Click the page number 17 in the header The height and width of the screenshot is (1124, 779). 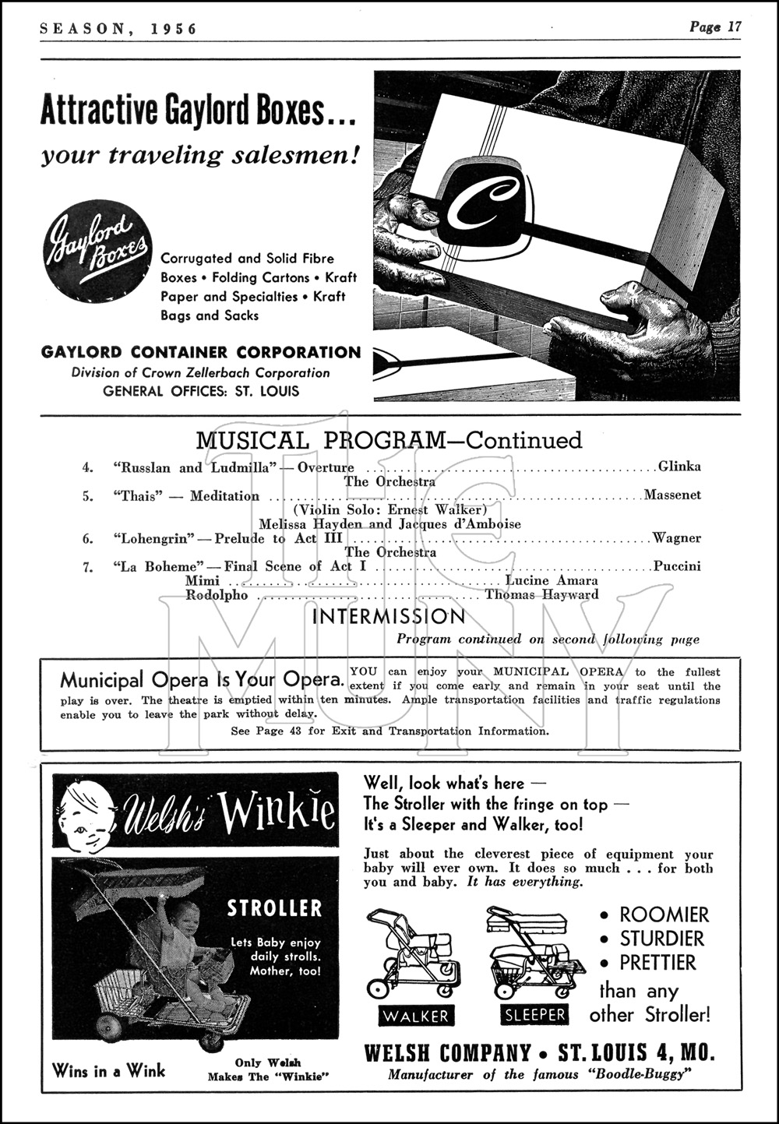[735, 26]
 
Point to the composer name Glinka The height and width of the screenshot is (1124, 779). [679, 467]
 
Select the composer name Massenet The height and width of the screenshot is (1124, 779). [672, 495]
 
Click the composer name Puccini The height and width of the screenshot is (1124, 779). [677, 566]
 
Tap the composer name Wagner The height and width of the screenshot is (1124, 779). [677, 538]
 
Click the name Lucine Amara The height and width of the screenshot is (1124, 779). [552, 580]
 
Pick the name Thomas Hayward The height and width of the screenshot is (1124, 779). [542, 595]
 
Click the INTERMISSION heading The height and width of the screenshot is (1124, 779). [389, 617]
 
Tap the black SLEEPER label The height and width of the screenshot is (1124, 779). [534, 1015]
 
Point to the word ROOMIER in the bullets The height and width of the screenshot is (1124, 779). [664, 914]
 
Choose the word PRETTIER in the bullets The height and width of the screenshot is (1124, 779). [657, 963]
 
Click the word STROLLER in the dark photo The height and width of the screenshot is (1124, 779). [273, 908]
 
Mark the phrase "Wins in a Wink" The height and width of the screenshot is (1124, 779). [108, 1070]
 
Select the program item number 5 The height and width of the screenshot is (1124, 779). [88, 495]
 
